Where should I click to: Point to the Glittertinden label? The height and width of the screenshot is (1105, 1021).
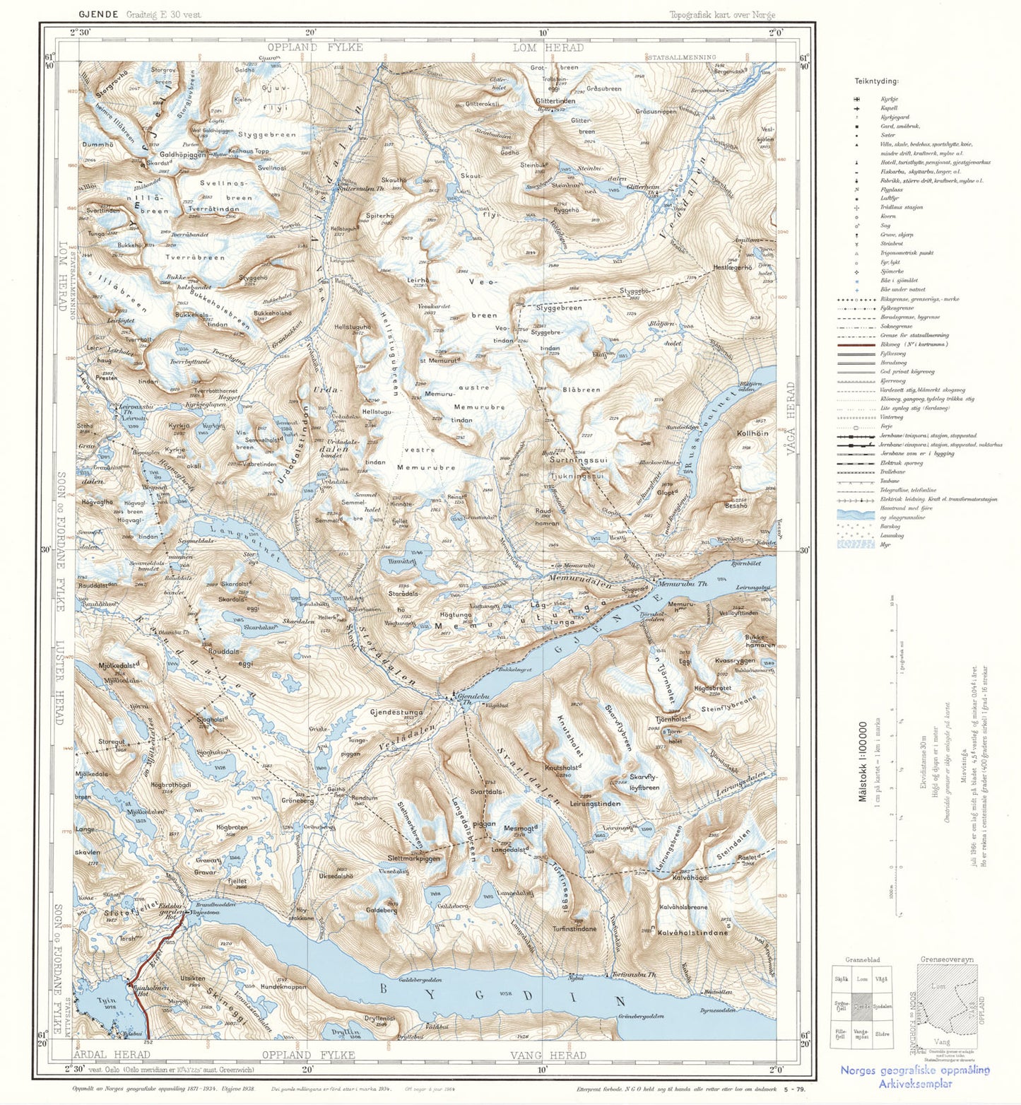pos(555,101)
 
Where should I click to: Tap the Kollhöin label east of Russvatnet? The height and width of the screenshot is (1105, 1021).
pos(752,433)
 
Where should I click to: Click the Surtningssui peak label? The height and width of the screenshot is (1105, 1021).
pos(578,460)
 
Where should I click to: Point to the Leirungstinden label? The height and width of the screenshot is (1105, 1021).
pos(594,804)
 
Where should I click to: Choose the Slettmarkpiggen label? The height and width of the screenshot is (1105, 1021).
pos(413,858)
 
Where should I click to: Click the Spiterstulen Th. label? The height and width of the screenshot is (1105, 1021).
pos(360,189)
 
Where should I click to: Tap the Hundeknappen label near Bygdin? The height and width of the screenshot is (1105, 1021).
pos(283,986)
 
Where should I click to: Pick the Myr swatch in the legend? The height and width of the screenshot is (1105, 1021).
pos(856,544)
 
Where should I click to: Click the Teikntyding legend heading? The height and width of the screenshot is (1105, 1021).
pos(875,81)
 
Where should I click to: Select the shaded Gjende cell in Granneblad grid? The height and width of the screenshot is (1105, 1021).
pos(861,1006)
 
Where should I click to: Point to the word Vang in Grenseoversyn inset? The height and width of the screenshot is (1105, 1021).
pos(941,1041)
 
